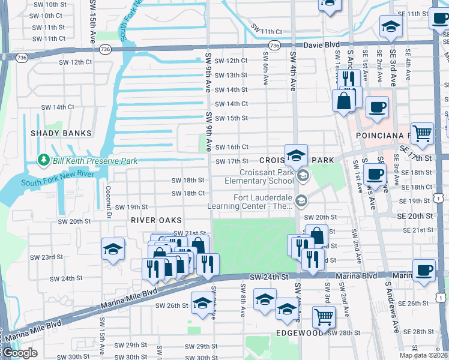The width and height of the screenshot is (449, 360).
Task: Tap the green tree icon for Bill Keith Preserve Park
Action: tap(43, 160)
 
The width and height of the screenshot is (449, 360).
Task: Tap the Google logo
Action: tap(19, 353)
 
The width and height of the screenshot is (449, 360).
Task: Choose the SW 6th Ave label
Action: tap(264, 64)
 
